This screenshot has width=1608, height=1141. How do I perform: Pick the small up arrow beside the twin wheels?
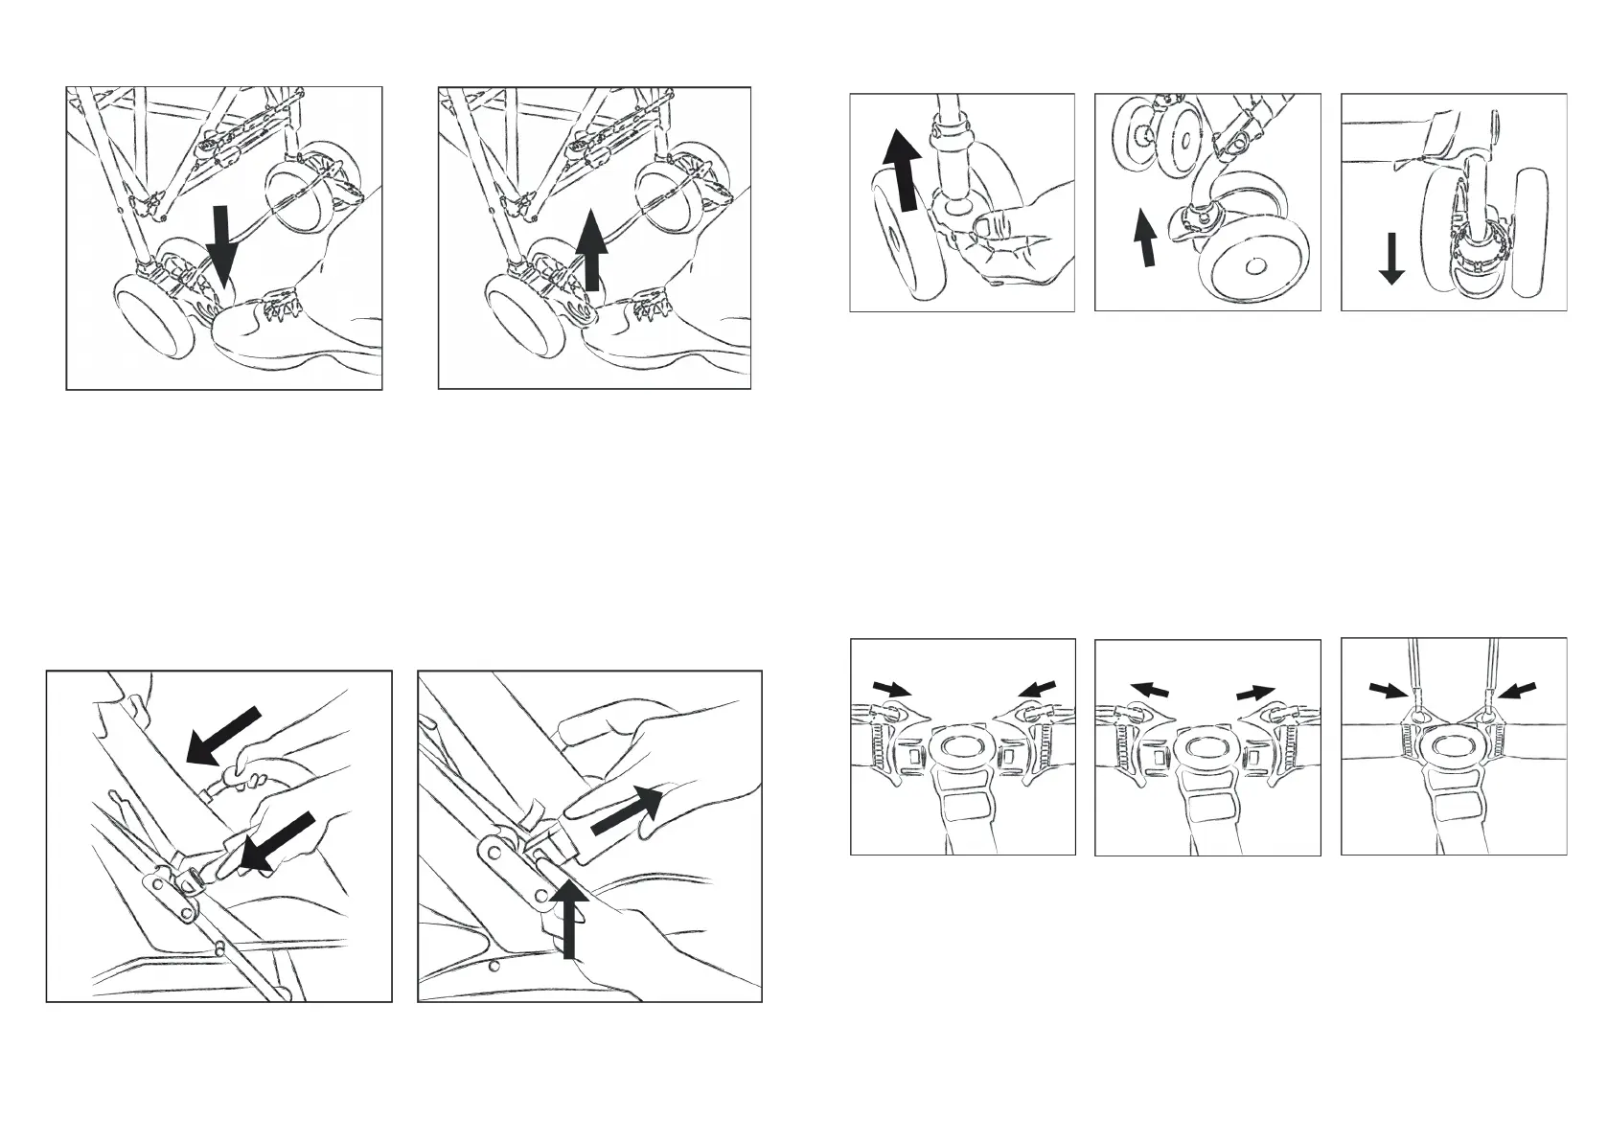[1142, 239]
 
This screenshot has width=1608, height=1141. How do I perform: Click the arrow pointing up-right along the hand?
[626, 810]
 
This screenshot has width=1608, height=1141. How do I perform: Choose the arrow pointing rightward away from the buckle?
[1256, 692]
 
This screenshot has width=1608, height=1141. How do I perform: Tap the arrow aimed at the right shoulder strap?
[1517, 690]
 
